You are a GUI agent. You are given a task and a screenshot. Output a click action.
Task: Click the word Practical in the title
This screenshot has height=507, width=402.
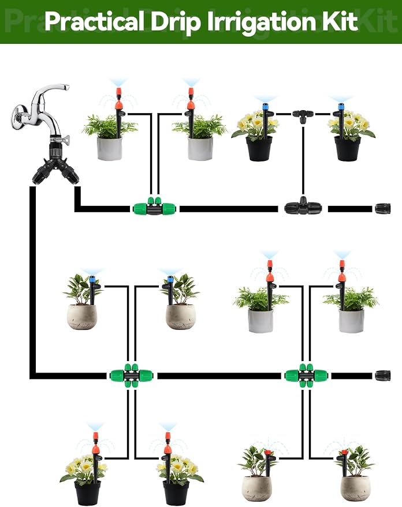[x=95, y=22]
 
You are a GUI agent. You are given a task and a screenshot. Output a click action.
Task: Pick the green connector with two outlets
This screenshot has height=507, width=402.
[x=154, y=206]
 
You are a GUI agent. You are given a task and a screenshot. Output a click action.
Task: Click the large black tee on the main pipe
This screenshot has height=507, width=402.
[x=303, y=206]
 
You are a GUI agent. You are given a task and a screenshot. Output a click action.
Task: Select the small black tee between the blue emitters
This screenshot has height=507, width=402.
[x=303, y=115]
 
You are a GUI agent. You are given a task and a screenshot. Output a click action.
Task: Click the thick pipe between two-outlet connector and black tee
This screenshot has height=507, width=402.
[x=229, y=209]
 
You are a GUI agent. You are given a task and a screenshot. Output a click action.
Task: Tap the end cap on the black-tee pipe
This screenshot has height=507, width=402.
[x=383, y=209]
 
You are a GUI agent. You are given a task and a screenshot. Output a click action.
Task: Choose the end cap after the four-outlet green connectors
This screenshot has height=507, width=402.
[x=383, y=375]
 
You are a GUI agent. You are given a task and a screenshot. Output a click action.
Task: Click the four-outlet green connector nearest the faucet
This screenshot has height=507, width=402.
[x=131, y=375]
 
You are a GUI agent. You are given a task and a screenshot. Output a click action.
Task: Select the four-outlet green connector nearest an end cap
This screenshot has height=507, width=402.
[x=306, y=375]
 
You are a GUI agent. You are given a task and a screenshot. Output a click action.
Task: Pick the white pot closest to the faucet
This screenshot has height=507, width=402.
[x=110, y=148]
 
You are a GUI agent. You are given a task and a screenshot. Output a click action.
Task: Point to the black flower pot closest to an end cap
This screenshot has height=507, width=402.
[x=347, y=148]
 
